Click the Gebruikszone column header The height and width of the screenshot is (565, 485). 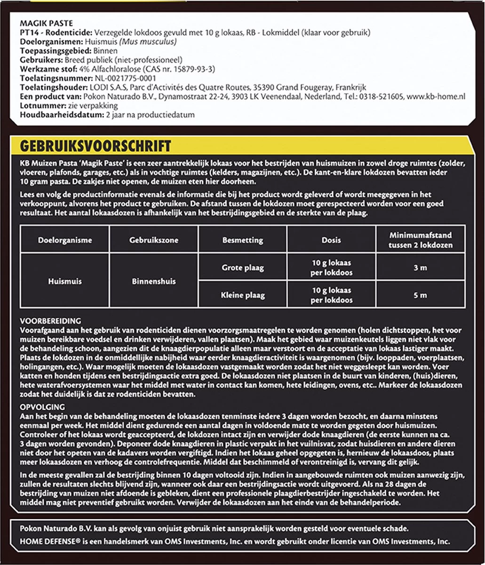tap(154, 240)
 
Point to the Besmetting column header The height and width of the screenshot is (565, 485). tap(242, 240)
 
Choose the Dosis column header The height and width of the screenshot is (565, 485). tap(331, 240)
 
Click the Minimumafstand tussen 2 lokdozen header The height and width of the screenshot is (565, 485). tap(421, 240)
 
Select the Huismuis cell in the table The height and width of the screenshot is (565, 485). tap(64, 281)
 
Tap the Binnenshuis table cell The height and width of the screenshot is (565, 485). tap(154, 281)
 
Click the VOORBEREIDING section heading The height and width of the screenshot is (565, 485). tap(51, 321)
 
